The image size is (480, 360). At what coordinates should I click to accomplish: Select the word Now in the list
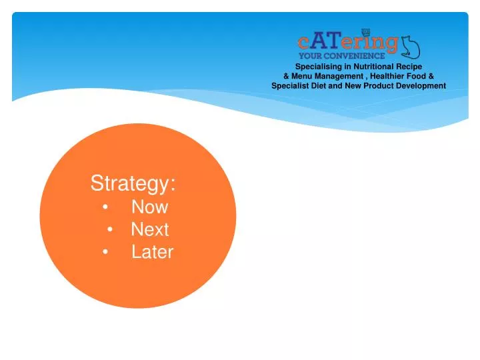point(149,207)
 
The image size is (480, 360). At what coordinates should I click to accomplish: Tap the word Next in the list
point(149,230)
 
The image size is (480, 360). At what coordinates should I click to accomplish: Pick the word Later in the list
point(152,253)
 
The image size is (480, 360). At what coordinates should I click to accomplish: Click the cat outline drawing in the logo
point(410,45)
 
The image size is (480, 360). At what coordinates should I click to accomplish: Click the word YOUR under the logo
point(311,56)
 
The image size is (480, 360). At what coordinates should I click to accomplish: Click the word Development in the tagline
point(421,85)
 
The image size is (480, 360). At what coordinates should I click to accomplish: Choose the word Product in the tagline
point(380,85)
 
